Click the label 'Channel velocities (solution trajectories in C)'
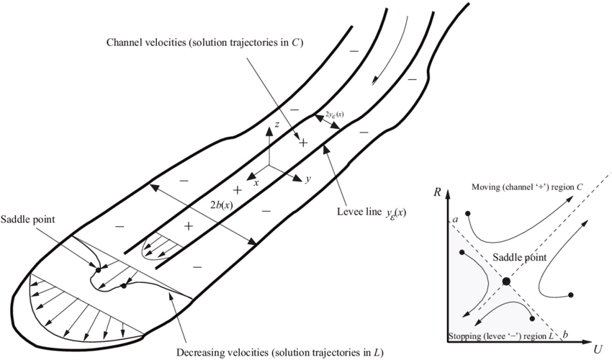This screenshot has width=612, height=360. (x=204, y=43)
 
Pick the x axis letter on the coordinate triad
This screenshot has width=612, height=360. (x=255, y=183)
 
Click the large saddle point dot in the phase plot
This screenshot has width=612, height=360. (x=506, y=280)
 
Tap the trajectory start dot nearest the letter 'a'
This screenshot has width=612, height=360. (x=469, y=214)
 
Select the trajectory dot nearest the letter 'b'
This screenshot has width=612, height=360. (x=531, y=318)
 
